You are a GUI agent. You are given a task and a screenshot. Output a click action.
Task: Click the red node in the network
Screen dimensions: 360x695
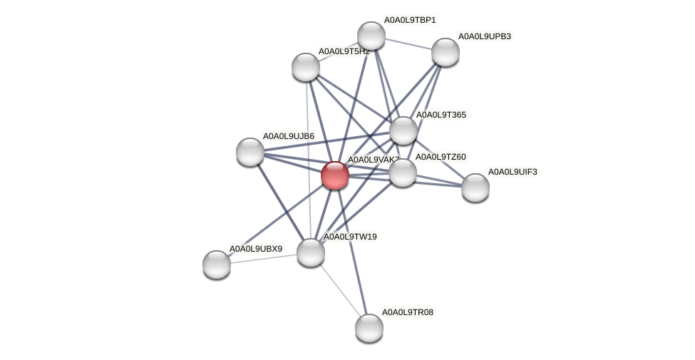click(335, 175)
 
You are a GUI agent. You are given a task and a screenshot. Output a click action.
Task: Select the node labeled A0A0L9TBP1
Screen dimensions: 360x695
click(371, 36)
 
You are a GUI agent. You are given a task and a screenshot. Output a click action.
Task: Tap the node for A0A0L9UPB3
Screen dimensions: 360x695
click(446, 52)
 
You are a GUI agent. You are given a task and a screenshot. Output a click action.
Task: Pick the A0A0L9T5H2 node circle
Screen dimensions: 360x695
click(306, 67)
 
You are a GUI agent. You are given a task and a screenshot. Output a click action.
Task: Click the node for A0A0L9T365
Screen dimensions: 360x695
click(403, 130)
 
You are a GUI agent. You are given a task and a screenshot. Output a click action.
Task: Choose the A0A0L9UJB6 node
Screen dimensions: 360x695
click(250, 152)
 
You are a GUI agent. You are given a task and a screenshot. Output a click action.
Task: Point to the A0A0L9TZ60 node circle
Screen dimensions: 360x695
click(403, 173)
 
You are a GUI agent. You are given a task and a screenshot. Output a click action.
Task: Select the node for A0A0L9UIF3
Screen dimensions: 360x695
click(475, 187)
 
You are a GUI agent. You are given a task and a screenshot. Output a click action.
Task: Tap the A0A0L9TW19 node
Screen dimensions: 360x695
click(311, 252)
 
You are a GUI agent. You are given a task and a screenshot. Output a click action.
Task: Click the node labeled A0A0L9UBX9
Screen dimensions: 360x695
click(217, 264)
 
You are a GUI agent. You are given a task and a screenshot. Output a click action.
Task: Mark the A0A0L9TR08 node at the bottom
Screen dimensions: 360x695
click(369, 328)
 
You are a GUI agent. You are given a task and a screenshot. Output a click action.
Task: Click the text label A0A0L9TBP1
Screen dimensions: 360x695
click(410, 20)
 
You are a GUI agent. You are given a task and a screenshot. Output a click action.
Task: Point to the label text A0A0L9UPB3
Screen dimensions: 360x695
click(484, 36)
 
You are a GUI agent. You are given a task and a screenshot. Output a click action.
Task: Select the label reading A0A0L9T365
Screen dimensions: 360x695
click(441, 115)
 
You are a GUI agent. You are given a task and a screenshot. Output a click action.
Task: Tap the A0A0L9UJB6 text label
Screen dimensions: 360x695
click(288, 136)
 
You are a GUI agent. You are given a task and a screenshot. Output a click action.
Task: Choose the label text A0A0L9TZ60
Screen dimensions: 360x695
click(441, 157)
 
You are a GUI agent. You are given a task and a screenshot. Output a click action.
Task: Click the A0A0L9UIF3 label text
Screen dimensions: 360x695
click(513, 172)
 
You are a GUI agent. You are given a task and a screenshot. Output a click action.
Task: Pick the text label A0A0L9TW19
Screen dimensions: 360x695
click(350, 237)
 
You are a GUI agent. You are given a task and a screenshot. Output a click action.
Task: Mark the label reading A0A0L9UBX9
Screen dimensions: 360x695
click(255, 249)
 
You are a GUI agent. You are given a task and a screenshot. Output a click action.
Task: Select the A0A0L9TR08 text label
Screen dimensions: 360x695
click(407, 312)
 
